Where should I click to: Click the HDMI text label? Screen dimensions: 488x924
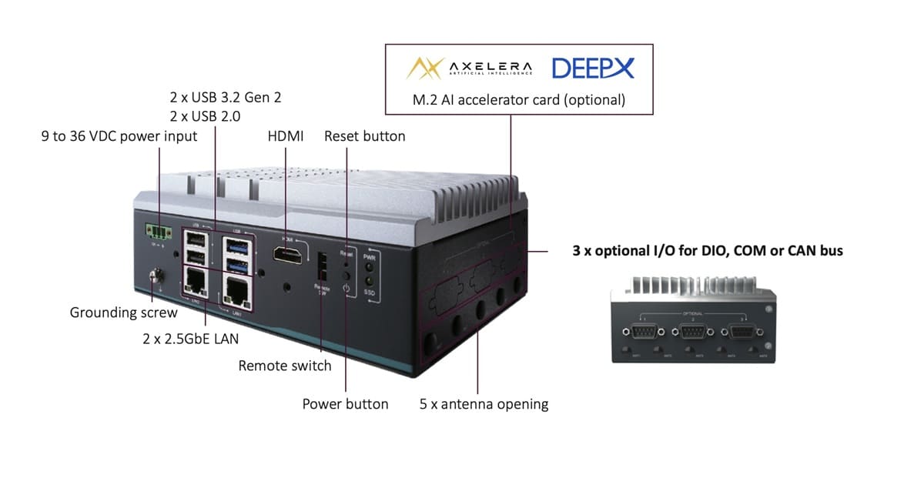click(285, 136)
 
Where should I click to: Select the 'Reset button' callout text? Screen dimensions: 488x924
click(364, 136)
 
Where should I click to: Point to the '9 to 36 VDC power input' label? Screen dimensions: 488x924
click(119, 136)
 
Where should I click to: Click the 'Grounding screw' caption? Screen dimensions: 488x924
click(123, 313)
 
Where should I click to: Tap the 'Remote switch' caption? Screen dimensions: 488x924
click(285, 366)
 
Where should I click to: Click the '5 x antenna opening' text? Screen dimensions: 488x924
click(484, 404)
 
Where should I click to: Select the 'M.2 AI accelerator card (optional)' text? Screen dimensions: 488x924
click(518, 100)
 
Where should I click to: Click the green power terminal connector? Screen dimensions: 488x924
click(157, 231)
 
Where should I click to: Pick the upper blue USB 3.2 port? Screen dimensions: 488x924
click(235, 245)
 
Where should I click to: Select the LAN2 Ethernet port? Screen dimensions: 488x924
click(196, 283)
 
